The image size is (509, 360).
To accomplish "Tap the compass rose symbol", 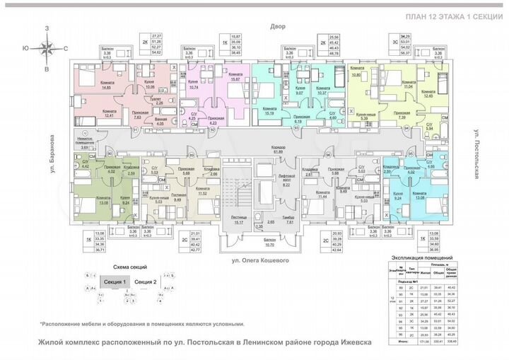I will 47,49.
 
